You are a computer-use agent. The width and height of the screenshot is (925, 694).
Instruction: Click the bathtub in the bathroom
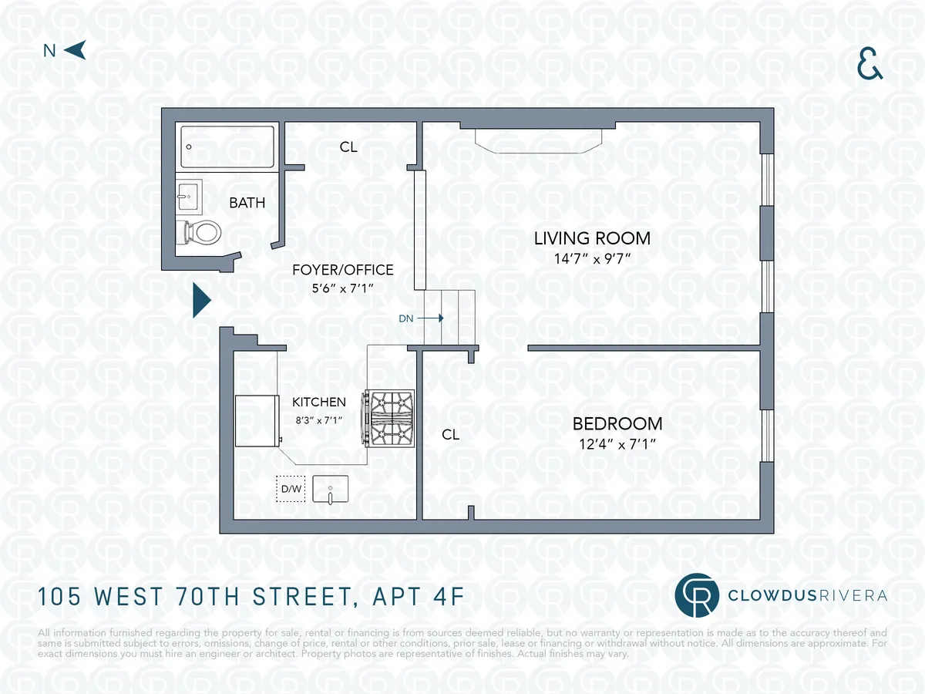click(x=227, y=147)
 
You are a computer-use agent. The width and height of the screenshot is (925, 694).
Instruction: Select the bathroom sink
click(x=188, y=197)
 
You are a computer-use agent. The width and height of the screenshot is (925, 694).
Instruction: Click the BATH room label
click(x=247, y=204)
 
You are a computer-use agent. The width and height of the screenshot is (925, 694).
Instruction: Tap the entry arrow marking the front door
click(x=201, y=300)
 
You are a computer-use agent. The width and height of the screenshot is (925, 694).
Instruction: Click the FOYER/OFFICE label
click(x=342, y=270)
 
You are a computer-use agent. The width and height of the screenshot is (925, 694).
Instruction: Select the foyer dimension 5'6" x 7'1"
click(x=342, y=288)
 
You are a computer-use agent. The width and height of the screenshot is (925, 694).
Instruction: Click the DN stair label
click(x=406, y=318)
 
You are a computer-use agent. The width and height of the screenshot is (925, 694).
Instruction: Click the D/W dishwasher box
click(x=291, y=488)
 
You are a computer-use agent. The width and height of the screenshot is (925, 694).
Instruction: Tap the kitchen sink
click(x=330, y=489)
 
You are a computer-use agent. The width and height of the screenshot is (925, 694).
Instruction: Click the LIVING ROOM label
click(x=592, y=238)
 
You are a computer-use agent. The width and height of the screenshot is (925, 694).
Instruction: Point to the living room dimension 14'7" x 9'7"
click(x=592, y=258)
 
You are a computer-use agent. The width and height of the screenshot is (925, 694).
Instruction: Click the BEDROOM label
click(x=617, y=423)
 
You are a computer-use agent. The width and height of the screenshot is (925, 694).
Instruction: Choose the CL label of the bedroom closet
click(x=451, y=435)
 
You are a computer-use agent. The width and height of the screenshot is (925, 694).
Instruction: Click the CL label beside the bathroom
click(x=348, y=147)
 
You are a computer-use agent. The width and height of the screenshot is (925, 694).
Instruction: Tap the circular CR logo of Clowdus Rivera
click(x=696, y=595)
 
